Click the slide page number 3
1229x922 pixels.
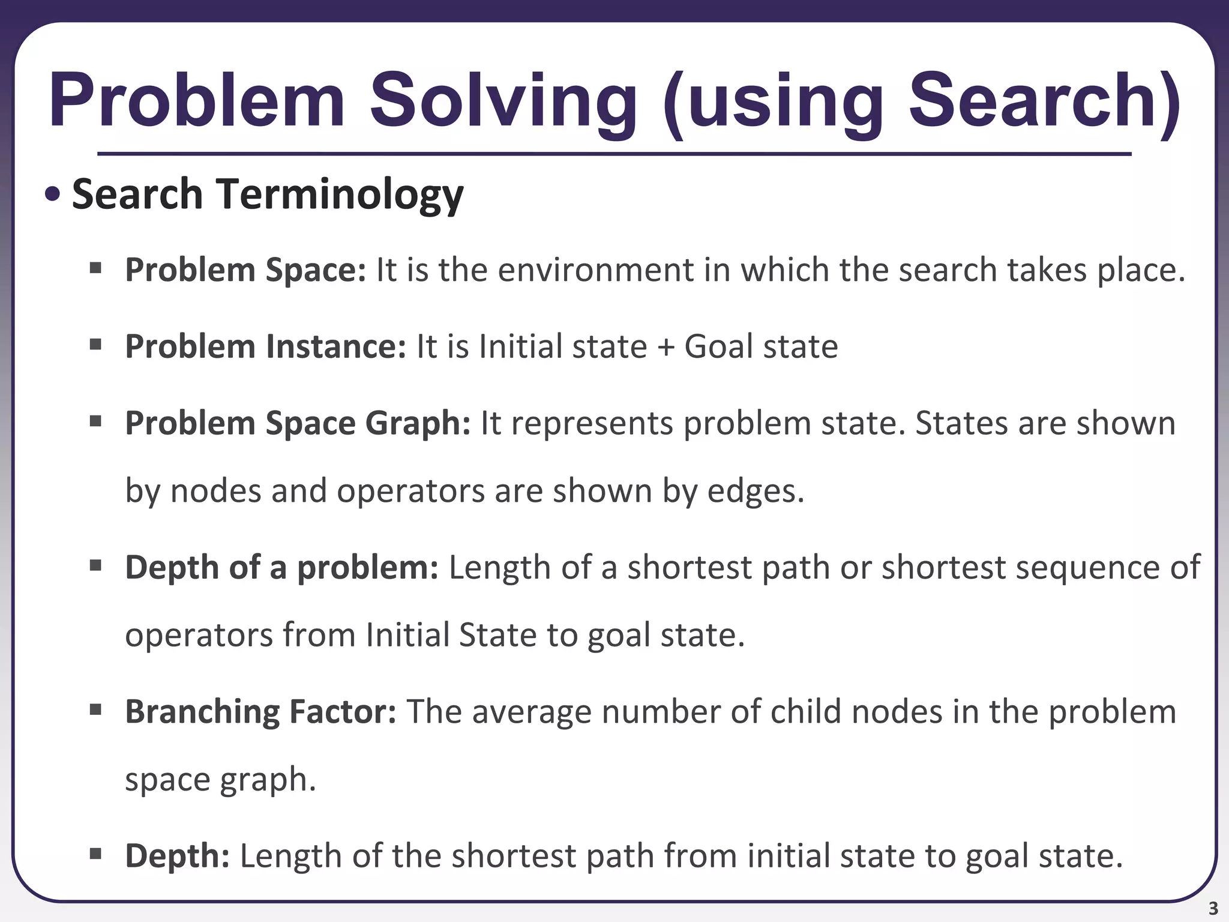click(1213, 908)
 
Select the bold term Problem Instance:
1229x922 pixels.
click(265, 346)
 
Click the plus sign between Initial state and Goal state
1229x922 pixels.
click(666, 348)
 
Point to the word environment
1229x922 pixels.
click(595, 270)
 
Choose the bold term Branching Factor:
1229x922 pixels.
click(260, 711)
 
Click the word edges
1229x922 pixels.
click(755, 491)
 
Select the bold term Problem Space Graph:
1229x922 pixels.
click(298, 423)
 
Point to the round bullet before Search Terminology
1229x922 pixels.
click(53, 194)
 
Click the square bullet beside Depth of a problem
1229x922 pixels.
click(95, 565)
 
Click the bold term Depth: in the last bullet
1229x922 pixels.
click(177, 855)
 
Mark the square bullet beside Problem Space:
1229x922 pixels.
click(95, 268)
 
